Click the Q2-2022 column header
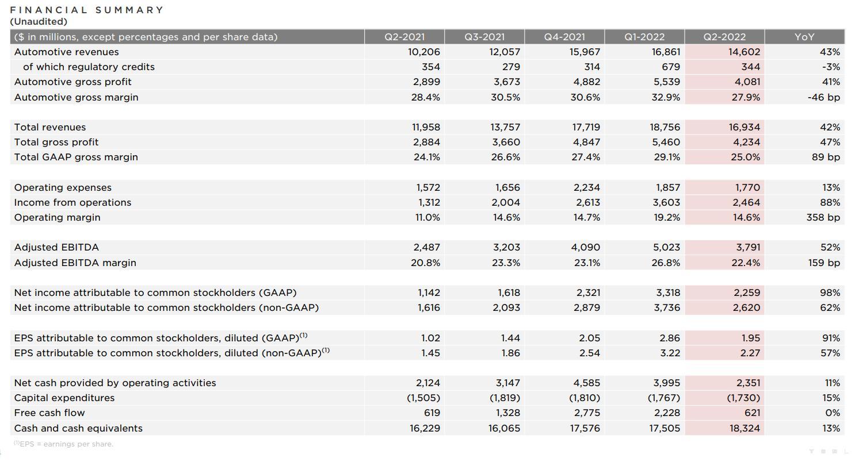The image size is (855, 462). [724, 37]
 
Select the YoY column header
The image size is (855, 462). [804, 37]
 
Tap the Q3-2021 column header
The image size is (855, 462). [484, 37]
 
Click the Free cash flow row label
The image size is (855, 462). [49, 413]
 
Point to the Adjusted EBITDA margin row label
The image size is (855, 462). [75, 263]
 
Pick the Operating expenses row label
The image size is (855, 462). [63, 187]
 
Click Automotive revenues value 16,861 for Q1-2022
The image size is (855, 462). [666, 52]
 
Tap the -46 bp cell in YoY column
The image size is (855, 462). [824, 97]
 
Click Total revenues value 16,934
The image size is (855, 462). [745, 127]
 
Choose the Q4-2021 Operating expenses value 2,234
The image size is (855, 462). [587, 187]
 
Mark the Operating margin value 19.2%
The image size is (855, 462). [666, 217]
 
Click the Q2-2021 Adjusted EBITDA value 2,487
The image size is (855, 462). [427, 248]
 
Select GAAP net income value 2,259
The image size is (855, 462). [747, 292]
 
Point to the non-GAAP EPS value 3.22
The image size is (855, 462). [670, 353]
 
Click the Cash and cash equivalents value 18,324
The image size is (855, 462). [745, 428]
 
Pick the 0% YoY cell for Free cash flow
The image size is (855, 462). [833, 413]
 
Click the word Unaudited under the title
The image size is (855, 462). [39, 22]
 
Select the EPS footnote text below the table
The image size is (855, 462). [64, 444]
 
